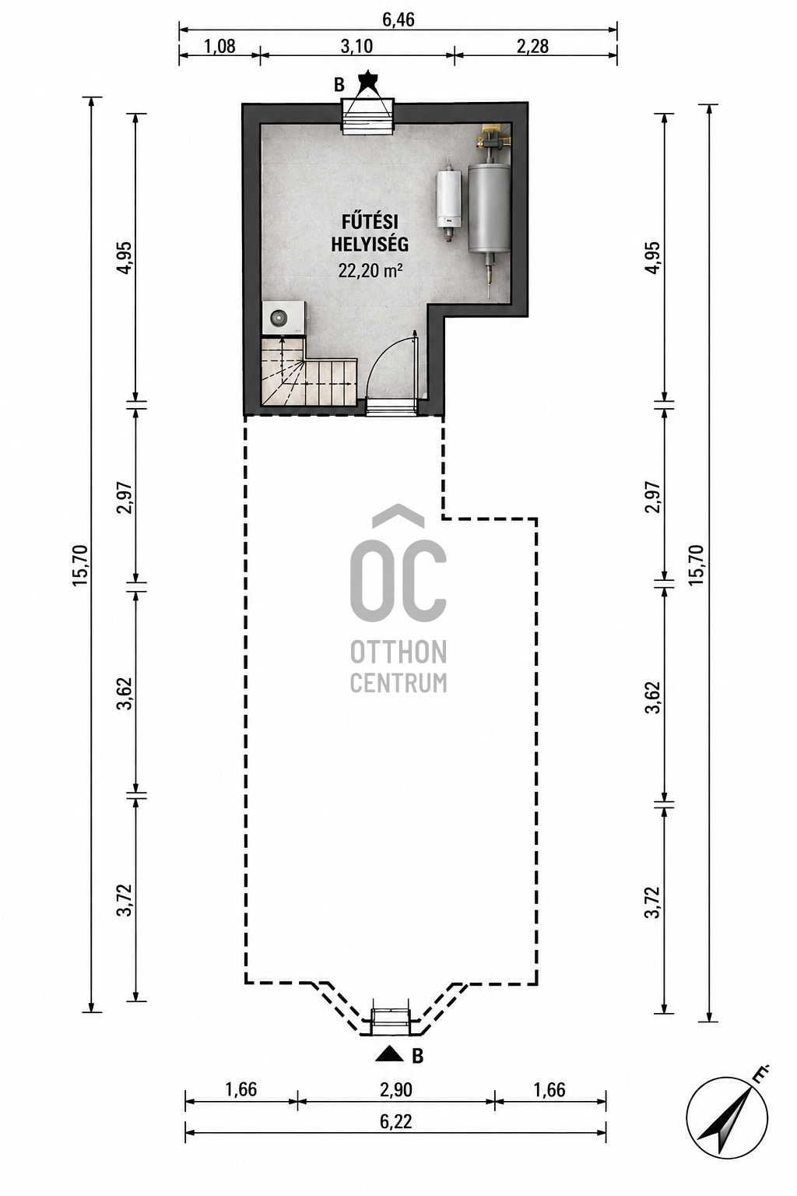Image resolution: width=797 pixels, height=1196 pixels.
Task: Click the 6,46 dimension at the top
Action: pyautogui.click(x=398, y=19)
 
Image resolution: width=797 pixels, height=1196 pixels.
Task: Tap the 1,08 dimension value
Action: pyautogui.click(x=219, y=47)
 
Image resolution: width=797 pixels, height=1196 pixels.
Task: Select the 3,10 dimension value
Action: pyautogui.click(x=356, y=47)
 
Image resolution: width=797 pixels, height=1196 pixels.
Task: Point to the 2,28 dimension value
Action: pyautogui.click(x=532, y=47)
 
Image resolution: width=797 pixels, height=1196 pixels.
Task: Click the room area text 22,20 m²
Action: pyautogui.click(x=370, y=271)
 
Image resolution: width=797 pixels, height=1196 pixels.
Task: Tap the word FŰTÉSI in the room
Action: pyautogui.click(x=370, y=221)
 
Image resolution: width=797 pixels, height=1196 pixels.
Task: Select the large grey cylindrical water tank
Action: pyautogui.click(x=489, y=208)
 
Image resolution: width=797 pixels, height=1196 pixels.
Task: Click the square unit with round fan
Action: pyautogui.click(x=283, y=318)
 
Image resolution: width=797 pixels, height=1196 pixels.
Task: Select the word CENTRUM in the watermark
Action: pyautogui.click(x=398, y=683)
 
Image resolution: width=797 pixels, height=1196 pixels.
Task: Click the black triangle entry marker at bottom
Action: pyautogui.click(x=389, y=1054)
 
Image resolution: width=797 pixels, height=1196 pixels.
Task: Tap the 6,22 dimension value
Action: pyautogui.click(x=395, y=1122)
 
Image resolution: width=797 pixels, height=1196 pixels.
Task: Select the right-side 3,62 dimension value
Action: pyautogui.click(x=652, y=698)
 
